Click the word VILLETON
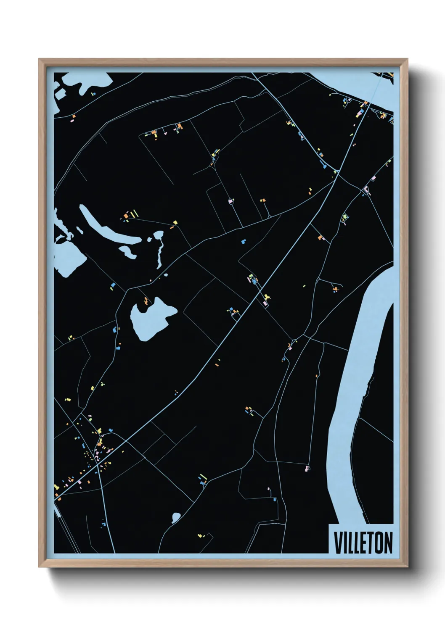pyautogui.click(x=363, y=543)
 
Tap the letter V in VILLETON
pyautogui.click(x=337, y=543)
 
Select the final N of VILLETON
pyautogui.click(x=388, y=543)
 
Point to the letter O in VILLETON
pyautogui.click(x=379, y=543)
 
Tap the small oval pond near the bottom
pyautogui.click(x=176, y=517)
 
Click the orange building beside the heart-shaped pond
pyautogui.click(x=146, y=301)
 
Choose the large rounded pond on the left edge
pyautogui.click(x=67, y=256)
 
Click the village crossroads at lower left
pyautogui.click(x=98, y=465)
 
